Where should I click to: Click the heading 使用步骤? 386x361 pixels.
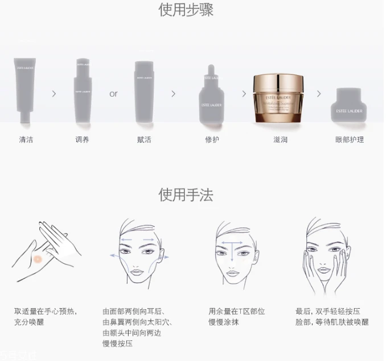186,10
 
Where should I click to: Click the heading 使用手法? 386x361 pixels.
186,195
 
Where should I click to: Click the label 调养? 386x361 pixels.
82,139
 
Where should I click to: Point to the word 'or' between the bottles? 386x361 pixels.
113,94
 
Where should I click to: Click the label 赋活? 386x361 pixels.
145,139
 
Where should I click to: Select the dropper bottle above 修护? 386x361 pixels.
211,97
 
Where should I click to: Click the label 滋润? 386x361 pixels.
280,139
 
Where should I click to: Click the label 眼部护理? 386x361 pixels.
350,139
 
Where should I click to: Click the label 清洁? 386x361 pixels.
26,139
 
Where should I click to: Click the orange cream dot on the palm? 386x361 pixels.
38,259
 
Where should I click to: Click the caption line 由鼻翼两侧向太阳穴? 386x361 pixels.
137,322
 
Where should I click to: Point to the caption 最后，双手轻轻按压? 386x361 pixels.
328,312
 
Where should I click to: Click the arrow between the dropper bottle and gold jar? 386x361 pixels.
244,93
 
